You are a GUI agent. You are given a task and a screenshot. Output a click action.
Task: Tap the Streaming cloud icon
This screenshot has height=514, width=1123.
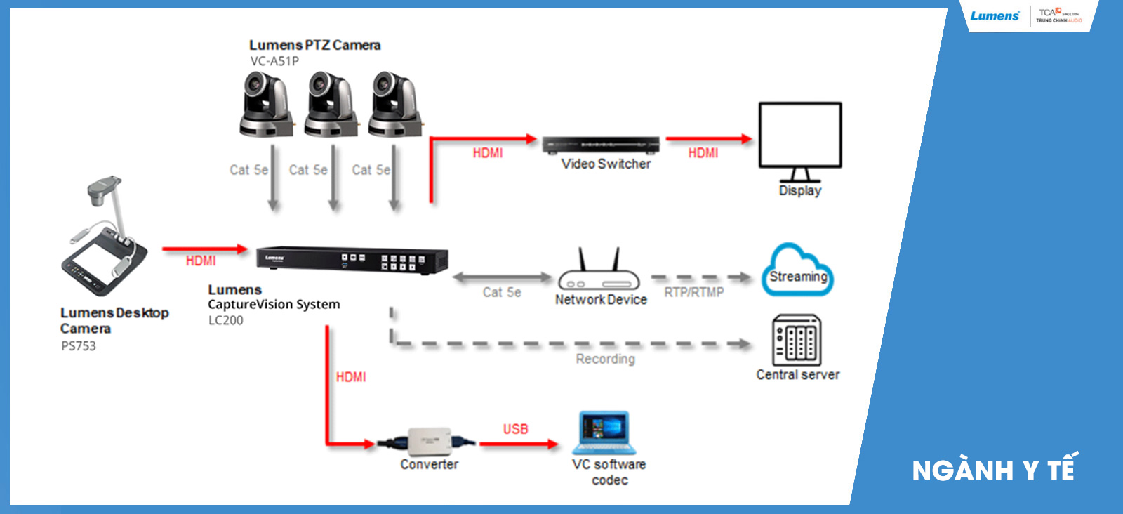pyautogui.click(x=797, y=271)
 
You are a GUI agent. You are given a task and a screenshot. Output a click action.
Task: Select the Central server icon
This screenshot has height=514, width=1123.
pyautogui.click(x=797, y=340)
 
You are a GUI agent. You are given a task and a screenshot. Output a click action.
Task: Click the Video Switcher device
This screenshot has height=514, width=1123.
pyautogui.click(x=601, y=145)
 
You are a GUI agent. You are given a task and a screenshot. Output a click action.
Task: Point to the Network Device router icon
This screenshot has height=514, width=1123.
pyautogui.click(x=599, y=274)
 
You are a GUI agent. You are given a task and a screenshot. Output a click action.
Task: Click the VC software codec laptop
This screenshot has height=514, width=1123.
pyautogui.click(x=604, y=433)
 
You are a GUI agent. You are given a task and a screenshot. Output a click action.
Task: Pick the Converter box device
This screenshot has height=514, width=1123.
pyautogui.click(x=428, y=442)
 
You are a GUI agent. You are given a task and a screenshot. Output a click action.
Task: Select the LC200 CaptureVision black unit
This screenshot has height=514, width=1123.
pyautogui.click(x=352, y=260)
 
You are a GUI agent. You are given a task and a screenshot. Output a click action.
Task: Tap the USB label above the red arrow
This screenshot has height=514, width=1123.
pyautogui.click(x=515, y=429)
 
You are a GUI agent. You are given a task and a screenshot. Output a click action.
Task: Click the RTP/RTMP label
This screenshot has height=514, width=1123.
pyautogui.click(x=693, y=292)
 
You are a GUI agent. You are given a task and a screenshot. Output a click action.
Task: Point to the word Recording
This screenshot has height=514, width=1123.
pyautogui.click(x=605, y=359)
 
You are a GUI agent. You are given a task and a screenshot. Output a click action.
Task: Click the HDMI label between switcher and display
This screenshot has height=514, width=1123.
pyautogui.click(x=703, y=153)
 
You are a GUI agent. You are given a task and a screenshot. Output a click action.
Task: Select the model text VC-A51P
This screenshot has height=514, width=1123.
pyautogui.click(x=274, y=61)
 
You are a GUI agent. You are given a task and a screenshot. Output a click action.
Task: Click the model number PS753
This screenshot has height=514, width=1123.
pyautogui.click(x=79, y=345)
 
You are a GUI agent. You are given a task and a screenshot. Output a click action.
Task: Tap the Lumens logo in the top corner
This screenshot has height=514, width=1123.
pyautogui.click(x=995, y=16)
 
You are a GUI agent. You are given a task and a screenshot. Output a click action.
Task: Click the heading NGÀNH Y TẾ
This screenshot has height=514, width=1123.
pyautogui.click(x=993, y=470)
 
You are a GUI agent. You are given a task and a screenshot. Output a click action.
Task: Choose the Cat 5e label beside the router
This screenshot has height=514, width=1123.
pyautogui.click(x=502, y=292)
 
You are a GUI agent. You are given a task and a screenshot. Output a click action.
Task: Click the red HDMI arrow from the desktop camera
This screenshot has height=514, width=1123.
pyautogui.click(x=204, y=249)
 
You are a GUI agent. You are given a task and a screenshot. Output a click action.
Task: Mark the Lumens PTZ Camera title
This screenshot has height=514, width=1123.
pyautogui.click(x=314, y=45)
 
